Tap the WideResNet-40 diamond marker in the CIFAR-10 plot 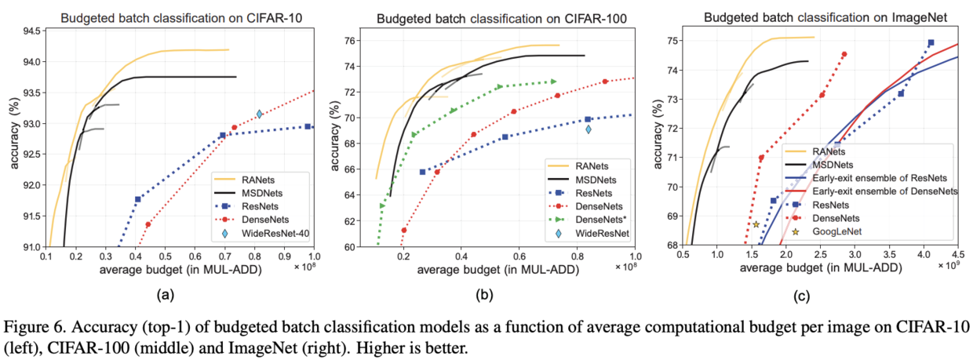[x=259, y=115]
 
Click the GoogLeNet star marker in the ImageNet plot [x=756, y=224]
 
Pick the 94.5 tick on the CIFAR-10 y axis [x=31, y=31]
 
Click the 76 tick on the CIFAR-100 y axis [x=352, y=41]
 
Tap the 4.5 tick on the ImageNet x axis [x=958, y=256]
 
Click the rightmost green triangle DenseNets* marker [x=553, y=82]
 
